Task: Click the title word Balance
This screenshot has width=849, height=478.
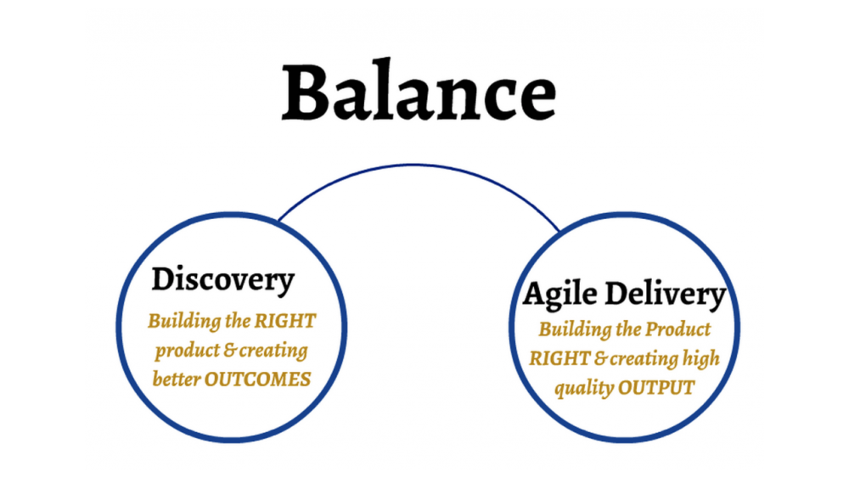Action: [419, 92]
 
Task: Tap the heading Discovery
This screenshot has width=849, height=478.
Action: [223, 280]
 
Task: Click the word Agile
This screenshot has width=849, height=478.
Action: [559, 295]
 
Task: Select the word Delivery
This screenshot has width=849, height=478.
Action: [665, 295]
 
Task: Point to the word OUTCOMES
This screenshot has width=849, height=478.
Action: [257, 380]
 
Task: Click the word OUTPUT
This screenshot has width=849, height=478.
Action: [656, 388]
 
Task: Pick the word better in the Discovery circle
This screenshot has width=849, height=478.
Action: [176, 379]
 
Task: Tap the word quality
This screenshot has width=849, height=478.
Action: [584, 388]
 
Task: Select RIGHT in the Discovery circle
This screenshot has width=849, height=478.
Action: [284, 321]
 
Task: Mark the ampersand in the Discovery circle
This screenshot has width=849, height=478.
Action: [230, 351]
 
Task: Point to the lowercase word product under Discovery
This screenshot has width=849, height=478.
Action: [187, 351]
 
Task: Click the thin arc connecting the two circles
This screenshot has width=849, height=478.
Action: [413, 165]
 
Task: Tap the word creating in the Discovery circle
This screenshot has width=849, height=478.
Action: [274, 351]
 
